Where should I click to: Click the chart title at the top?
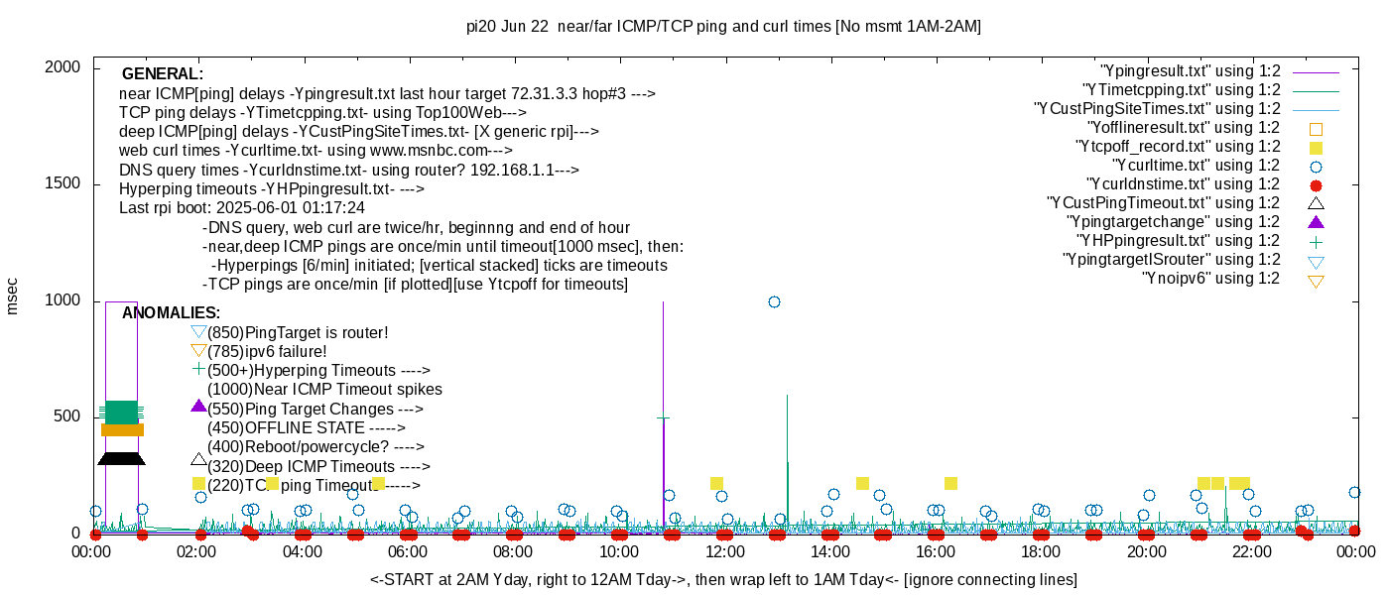(x=723, y=27)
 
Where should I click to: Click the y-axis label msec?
(x=12, y=296)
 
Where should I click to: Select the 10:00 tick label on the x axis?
(x=618, y=551)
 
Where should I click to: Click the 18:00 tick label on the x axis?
(x=1040, y=551)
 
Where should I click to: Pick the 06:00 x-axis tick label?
(x=408, y=551)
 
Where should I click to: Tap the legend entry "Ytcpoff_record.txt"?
(x=1180, y=147)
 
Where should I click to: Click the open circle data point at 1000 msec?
(x=774, y=301)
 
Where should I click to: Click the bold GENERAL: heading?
(x=162, y=74)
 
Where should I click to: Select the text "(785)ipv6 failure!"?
(x=267, y=351)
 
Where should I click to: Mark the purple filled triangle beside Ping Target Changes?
(x=198, y=406)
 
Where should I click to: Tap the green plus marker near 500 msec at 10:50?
(x=663, y=418)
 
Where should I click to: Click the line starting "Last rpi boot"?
(x=241, y=208)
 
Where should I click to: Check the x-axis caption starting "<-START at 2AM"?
(x=723, y=579)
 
